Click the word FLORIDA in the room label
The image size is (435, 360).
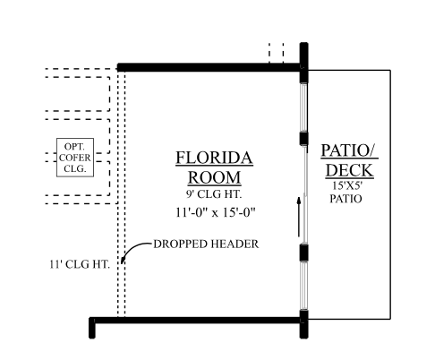[214, 158]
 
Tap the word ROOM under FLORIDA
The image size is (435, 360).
[214, 177]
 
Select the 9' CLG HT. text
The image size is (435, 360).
[214, 194]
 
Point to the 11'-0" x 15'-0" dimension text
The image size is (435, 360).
[216, 212]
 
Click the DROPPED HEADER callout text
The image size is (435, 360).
[206, 244]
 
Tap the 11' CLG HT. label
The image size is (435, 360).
[80, 264]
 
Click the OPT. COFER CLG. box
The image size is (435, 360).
[75, 158]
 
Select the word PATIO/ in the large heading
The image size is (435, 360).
[349, 150]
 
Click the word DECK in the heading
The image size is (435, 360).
[349, 170]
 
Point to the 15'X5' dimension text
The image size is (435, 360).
[347, 185]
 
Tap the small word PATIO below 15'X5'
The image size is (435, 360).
[345, 199]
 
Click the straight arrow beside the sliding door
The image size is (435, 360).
[298, 217]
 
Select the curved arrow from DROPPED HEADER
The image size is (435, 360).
[136, 251]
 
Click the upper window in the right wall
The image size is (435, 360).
[303, 107]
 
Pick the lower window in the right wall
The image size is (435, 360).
[303, 286]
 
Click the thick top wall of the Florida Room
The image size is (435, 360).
[209, 67]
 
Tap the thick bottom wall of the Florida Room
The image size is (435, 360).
[198, 321]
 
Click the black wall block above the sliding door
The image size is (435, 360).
[303, 138]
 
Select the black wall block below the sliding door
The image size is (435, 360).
[303, 253]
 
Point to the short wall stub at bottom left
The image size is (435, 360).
[92, 328]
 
